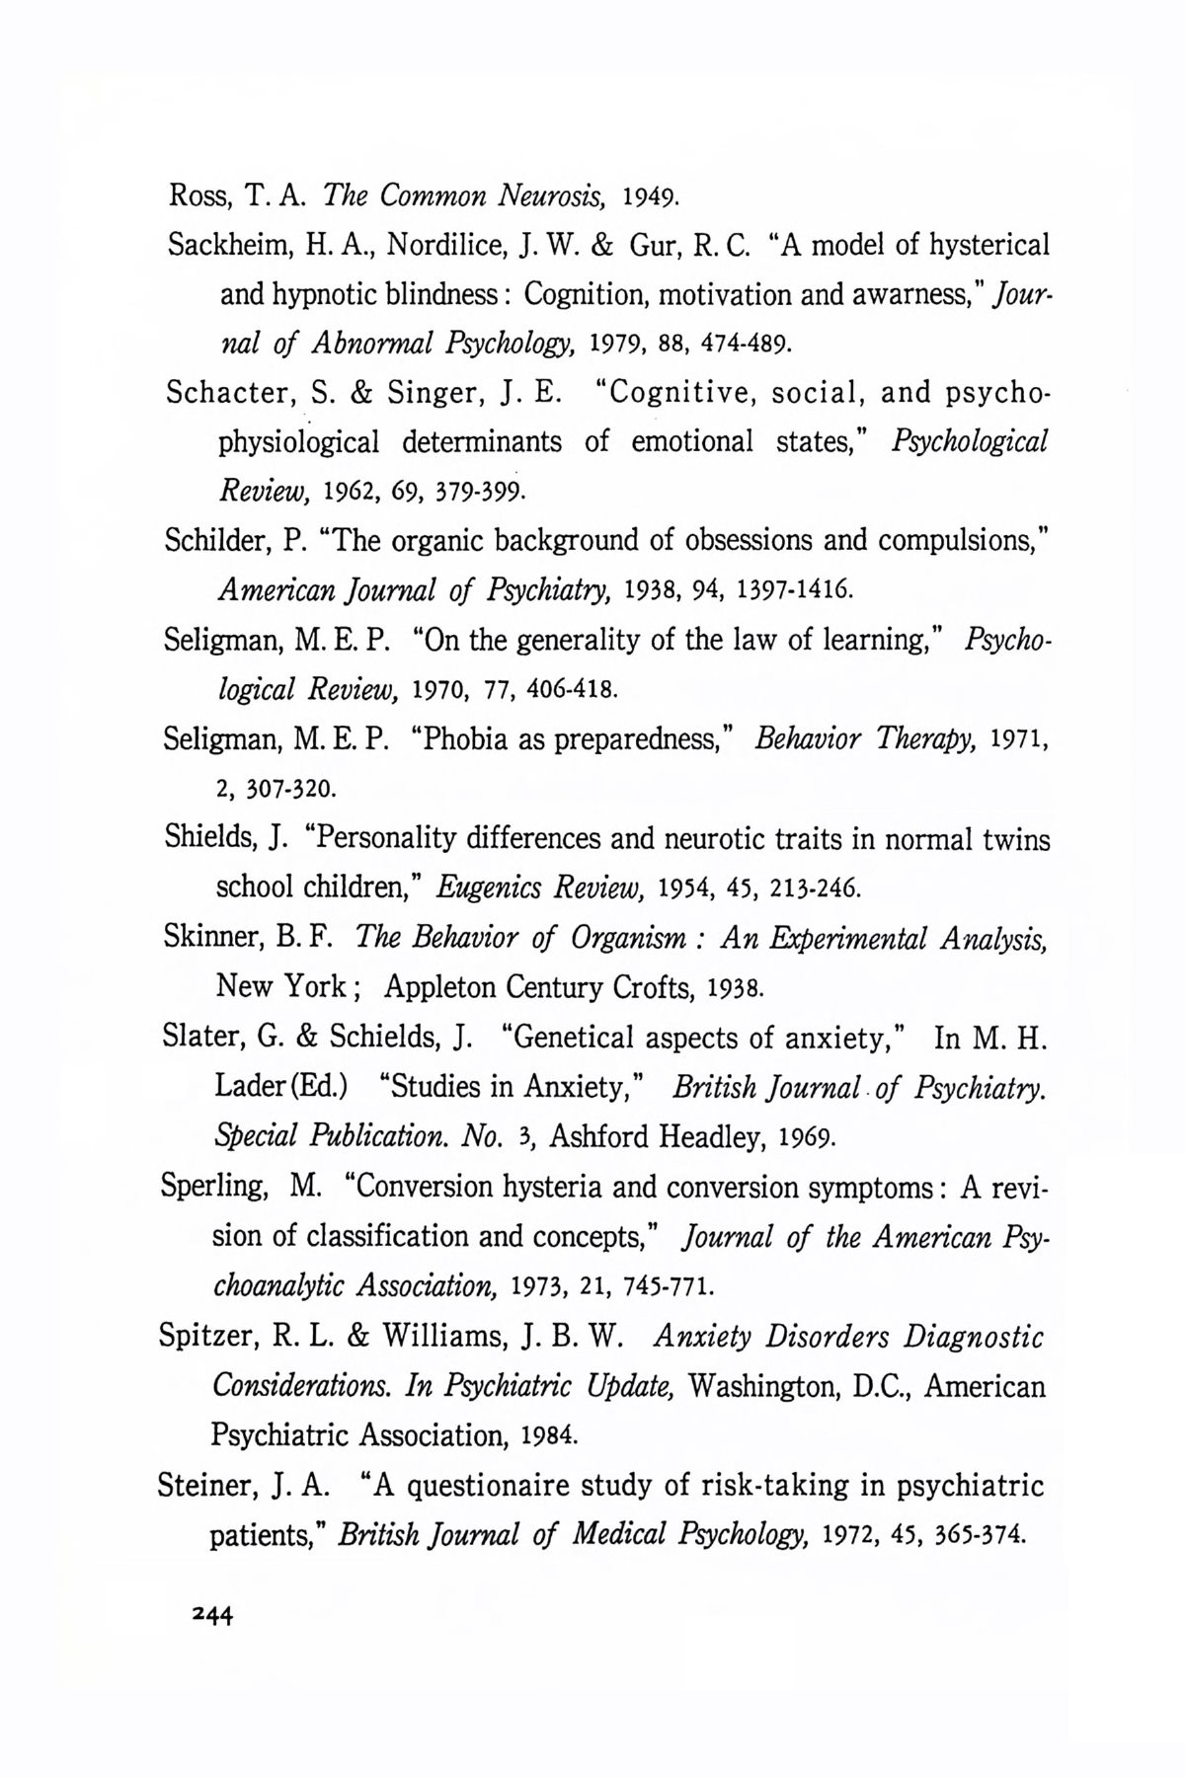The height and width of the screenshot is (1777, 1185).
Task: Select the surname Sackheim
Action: [222, 244]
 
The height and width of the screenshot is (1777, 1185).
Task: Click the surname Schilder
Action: [215, 541]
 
